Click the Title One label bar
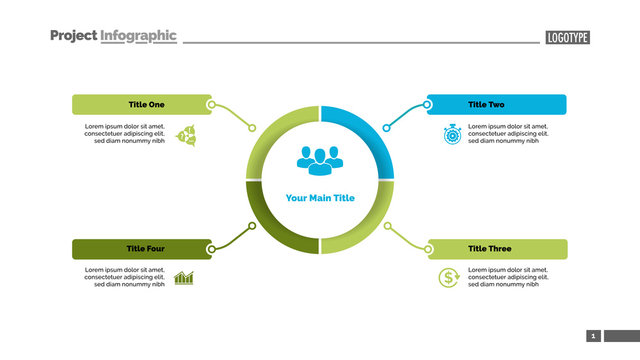coord(140,104)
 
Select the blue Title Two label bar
coord(496,104)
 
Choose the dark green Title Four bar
coord(140,249)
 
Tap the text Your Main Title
coord(320,198)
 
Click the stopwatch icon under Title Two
coord(452,134)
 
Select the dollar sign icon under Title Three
coord(449,278)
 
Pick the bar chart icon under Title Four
coord(184,278)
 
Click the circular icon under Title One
coord(185,135)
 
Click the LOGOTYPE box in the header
coord(568,37)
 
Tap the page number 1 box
coord(593,336)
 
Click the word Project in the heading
coord(73,35)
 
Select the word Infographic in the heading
coord(138,35)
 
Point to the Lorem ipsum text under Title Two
coord(508,134)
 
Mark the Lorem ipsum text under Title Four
coord(124,277)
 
